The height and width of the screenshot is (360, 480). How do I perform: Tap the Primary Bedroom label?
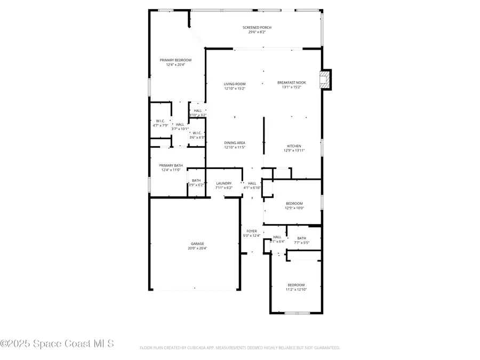[175, 60]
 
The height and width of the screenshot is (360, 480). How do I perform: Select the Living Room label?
[235, 84]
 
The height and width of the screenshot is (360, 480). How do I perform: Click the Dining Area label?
[235, 142]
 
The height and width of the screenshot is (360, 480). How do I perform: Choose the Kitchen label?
[294, 146]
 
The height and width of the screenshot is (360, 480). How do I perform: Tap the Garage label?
[197, 244]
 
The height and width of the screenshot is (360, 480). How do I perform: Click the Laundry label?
[223, 183]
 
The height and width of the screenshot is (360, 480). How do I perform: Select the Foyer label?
[252, 231]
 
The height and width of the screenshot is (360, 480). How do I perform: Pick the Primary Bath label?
[171, 165]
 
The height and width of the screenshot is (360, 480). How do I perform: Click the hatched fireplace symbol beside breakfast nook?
[324, 80]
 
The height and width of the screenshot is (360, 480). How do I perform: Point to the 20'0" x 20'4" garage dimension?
[197, 249]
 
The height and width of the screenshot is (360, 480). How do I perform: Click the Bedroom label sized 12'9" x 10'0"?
[294, 203]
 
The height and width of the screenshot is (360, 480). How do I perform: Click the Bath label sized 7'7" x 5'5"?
[302, 238]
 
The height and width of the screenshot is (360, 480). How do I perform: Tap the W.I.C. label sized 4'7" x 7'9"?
[160, 121]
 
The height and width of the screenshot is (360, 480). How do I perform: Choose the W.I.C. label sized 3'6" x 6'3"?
[197, 133]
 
